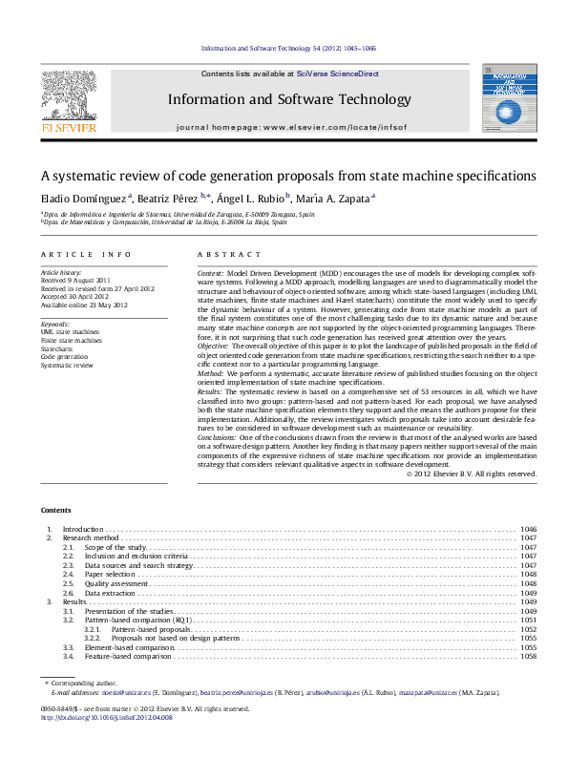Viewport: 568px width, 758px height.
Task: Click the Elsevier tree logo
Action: click(x=68, y=96)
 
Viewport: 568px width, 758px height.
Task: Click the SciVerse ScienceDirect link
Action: click(x=337, y=74)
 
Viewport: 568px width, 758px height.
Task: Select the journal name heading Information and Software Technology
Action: click(x=289, y=99)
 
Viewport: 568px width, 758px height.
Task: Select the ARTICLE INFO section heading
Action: click(x=85, y=255)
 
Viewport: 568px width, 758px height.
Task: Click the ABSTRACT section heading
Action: click(x=229, y=255)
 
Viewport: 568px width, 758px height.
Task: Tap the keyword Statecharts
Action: click(x=56, y=348)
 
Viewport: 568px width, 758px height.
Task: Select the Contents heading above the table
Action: click(x=55, y=510)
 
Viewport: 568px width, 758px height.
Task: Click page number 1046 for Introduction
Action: click(x=528, y=529)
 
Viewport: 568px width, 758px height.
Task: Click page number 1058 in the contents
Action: click(x=528, y=657)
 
